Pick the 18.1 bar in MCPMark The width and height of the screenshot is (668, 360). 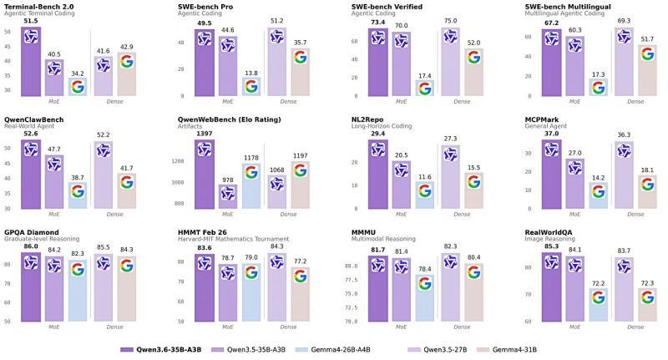click(x=645, y=191)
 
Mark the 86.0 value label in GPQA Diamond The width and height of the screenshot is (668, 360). click(x=30, y=247)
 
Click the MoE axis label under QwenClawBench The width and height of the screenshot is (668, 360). click(x=54, y=214)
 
